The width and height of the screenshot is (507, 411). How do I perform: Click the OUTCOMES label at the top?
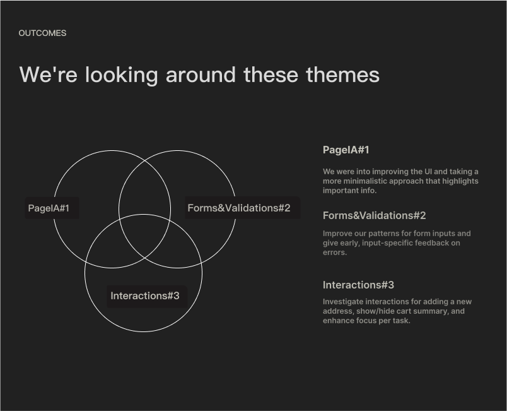(42, 33)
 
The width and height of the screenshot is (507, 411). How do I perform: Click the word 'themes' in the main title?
(343, 74)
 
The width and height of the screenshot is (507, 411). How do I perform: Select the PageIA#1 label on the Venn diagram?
(49, 208)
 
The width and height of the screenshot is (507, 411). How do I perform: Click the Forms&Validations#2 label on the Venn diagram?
(239, 208)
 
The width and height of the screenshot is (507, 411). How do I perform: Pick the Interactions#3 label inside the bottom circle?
(145, 296)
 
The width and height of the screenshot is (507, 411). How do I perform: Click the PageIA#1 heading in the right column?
(346, 150)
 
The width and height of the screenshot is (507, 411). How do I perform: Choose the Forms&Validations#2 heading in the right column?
(374, 215)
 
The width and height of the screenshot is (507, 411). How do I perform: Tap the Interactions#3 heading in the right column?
(358, 285)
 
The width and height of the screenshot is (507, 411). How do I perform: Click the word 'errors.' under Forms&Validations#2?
(335, 253)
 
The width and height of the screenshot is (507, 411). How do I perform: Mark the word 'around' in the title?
(201, 74)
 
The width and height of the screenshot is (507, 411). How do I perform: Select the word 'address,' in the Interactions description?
(338, 311)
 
